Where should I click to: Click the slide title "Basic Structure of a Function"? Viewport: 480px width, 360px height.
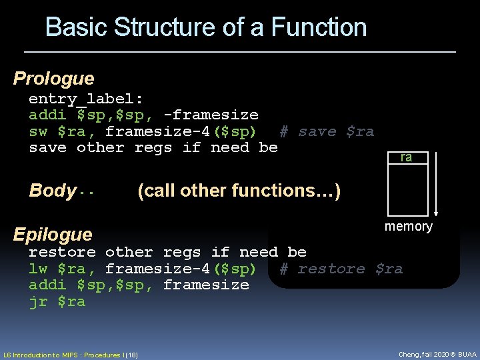pyautogui.click(x=206, y=27)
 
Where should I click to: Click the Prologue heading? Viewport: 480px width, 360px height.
pyautogui.click(x=54, y=79)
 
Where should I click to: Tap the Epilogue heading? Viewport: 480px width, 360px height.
pyautogui.click(x=53, y=234)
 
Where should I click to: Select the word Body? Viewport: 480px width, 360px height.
pyautogui.click(x=52, y=191)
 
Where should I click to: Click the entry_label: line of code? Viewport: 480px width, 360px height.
pyautogui.click(x=85, y=99)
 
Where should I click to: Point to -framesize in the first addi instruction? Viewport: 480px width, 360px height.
pyautogui.click(x=211, y=115)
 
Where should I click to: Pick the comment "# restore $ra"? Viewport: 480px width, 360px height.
pyautogui.click(x=341, y=269)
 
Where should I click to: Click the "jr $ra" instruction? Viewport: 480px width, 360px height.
pyautogui.click(x=57, y=301)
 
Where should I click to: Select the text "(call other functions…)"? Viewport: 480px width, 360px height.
pyautogui.click(x=239, y=191)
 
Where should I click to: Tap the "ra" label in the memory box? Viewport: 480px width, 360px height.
pyautogui.click(x=406, y=158)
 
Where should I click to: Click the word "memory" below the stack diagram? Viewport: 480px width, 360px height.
pyautogui.click(x=408, y=227)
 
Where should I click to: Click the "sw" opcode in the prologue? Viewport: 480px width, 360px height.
pyautogui.click(x=38, y=131)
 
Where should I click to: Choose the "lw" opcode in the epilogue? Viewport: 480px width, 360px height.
pyautogui.click(x=38, y=269)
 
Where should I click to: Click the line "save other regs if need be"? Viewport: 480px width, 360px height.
pyautogui.click(x=153, y=147)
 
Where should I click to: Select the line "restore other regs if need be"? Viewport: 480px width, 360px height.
pyautogui.click(x=167, y=252)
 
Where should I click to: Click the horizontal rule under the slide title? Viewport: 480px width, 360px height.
pyautogui.click(x=240, y=51)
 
